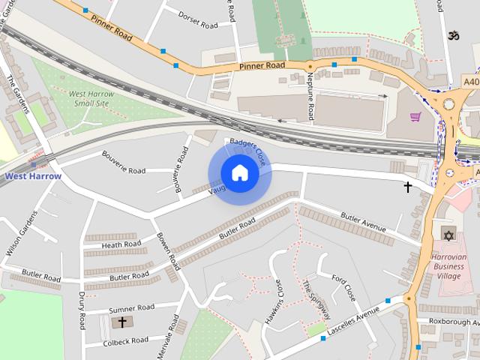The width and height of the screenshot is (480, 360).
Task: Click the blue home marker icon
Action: [240, 173]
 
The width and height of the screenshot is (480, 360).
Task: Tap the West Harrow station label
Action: [33, 176]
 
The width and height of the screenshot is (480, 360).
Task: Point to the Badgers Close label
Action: [248, 151]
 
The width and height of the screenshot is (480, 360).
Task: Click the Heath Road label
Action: [121, 244]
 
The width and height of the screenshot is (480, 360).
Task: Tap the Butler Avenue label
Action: [363, 222]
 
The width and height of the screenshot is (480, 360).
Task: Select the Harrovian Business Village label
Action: [450, 265]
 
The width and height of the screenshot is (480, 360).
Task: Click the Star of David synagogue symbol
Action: [448, 235]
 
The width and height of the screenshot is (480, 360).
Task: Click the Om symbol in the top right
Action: [451, 35]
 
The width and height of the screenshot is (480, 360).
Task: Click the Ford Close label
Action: [344, 288]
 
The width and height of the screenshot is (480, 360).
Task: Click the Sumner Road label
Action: [131, 308]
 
